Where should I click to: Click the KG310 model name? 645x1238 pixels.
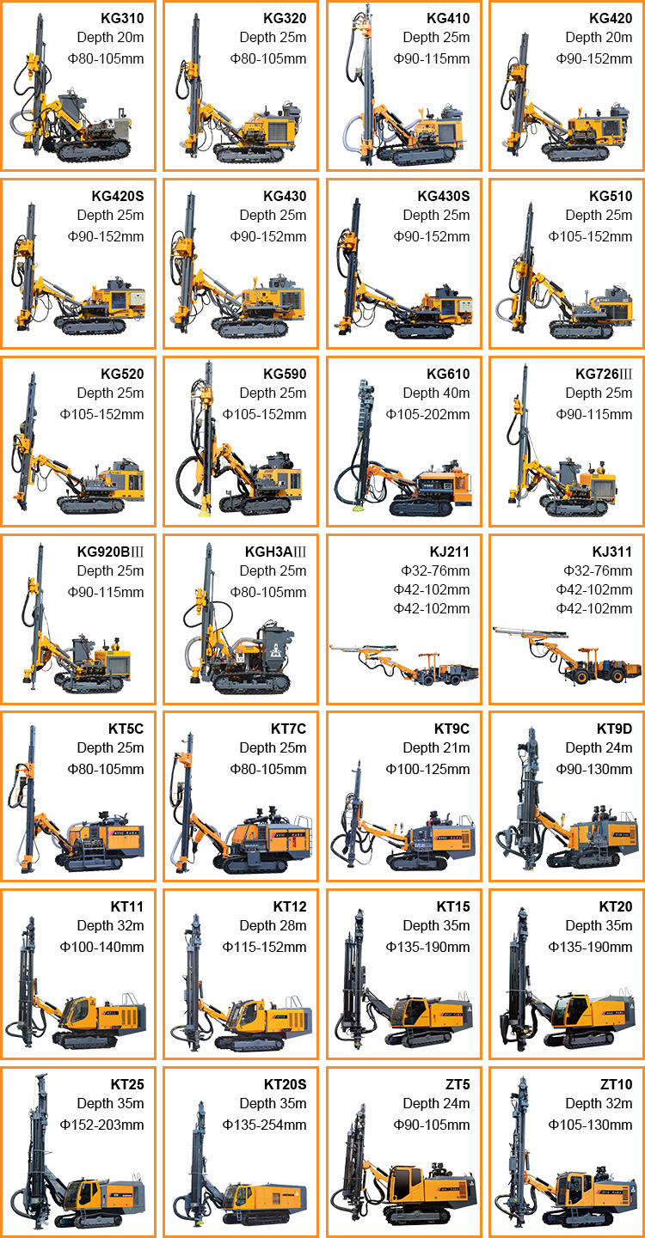122,18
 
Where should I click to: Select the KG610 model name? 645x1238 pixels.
447,375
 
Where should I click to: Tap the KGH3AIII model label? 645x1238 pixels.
275,552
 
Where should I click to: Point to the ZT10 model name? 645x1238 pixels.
617,1085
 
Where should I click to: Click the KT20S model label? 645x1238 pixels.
285,1085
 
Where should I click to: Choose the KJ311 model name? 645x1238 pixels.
611,552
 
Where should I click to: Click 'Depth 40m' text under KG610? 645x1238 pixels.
436,393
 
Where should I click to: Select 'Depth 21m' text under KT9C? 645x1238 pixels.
436,747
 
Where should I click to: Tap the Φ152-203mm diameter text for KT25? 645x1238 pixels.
101,1125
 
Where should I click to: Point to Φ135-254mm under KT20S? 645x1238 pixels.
264,1125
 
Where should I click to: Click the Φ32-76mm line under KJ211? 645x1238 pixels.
435,571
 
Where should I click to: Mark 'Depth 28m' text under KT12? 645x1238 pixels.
273,926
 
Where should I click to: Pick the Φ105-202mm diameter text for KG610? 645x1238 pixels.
427,414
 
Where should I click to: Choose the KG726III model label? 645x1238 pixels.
604,375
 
